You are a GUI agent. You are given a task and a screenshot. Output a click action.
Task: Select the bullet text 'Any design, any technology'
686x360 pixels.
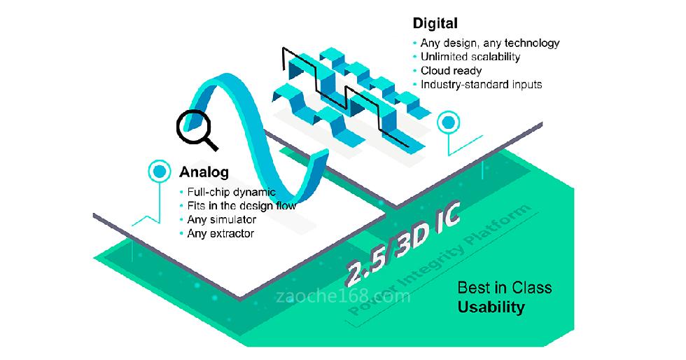click(490, 43)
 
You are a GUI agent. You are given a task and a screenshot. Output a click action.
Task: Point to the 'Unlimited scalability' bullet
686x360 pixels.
click(470, 57)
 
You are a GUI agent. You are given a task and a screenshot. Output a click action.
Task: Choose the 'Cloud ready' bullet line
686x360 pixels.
click(451, 71)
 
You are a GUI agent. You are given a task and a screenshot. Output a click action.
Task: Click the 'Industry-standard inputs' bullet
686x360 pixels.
click(482, 85)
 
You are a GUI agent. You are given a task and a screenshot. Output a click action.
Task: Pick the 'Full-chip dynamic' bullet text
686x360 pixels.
click(232, 192)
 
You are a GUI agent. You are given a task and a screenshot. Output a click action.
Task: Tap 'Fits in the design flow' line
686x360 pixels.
click(241, 206)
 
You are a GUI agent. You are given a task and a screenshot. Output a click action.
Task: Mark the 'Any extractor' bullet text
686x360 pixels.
click(220, 233)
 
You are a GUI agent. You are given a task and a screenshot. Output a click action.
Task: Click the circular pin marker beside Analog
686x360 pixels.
click(160, 172)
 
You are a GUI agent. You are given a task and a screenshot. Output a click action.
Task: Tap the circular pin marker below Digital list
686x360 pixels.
click(448, 123)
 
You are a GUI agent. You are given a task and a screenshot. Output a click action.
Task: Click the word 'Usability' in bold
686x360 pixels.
click(491, 307)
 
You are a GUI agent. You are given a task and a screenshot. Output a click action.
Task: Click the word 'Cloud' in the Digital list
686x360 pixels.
click(435, 71)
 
